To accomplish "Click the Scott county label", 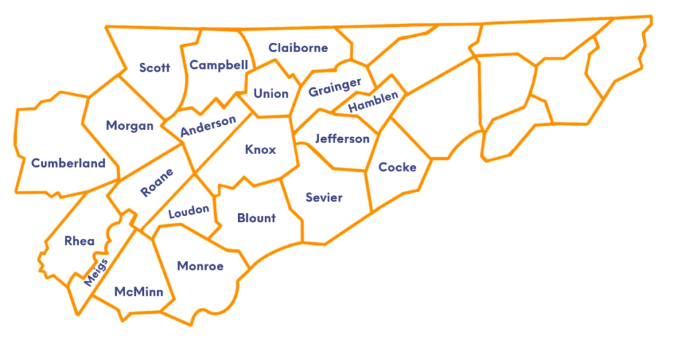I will point(155,68).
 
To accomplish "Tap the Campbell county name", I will point(219,65).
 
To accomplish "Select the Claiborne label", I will point(298,48).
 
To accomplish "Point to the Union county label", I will point(271,94).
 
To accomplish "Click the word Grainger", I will point(335,87).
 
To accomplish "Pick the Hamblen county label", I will point(373,102).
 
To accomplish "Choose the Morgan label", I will point(130,126).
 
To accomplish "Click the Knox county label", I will point(260,149).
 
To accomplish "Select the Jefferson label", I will point(342,139).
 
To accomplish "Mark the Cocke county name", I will point(397,167).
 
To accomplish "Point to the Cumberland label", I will point(68,163).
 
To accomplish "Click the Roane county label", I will point(157,183).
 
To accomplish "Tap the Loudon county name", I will point(189,212).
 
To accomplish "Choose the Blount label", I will point(256,218).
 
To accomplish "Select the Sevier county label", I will point(324,197).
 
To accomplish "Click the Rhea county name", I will point(79,242).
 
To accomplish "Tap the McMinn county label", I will point(138,292).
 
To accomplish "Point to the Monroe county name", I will point(200,266).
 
